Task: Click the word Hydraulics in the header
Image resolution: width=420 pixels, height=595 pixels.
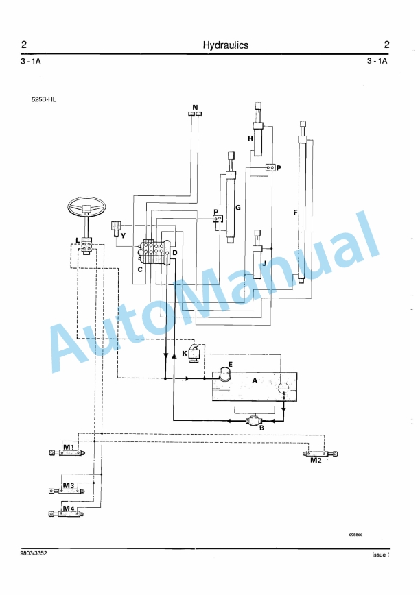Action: tap(226, 45)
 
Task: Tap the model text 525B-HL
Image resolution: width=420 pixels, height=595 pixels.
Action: tap(44, 99)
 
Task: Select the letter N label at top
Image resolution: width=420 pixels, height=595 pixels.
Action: tap(195, 108)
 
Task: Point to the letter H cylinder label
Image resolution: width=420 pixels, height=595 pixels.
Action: tap(250, 138)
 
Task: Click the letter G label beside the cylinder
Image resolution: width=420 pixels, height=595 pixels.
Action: tap(237, 206)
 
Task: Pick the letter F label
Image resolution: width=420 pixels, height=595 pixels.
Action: tap(295, 212)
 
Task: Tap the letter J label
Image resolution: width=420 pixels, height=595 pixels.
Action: tap(264, 263)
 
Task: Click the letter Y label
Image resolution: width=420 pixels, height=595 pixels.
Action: tap(123, 235)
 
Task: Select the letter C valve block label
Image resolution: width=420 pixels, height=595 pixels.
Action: tap(139, 269)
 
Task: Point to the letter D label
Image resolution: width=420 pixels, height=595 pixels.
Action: tap(175, 254)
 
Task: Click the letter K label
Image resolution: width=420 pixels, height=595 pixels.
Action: tap(185, 354)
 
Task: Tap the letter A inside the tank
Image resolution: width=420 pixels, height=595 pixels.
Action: tap(255, 379)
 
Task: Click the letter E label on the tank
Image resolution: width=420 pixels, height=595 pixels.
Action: tap(231, 364)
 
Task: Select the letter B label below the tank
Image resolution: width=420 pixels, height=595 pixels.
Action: tap(261, 428)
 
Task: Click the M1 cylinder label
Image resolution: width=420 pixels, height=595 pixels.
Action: tap(69, 447)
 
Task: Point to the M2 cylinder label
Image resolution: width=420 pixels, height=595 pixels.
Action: tap(316, 461)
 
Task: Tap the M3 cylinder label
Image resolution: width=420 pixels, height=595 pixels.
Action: tap(69, 485)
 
